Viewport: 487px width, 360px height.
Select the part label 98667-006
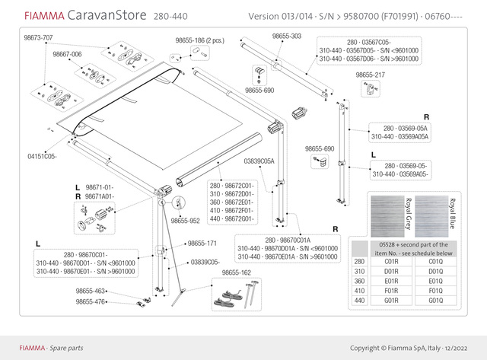tap(67, 55)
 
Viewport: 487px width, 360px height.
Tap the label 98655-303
tap(286, 36)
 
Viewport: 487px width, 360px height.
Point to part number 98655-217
tap(370, 75)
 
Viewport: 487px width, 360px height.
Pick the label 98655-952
tap(185, 221)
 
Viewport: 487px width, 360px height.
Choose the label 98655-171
tap(202, 244)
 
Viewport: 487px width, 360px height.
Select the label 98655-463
tap(91, 291)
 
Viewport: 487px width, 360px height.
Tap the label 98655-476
tap(91, 301)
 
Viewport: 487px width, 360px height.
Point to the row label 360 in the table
tap(359, 280)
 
